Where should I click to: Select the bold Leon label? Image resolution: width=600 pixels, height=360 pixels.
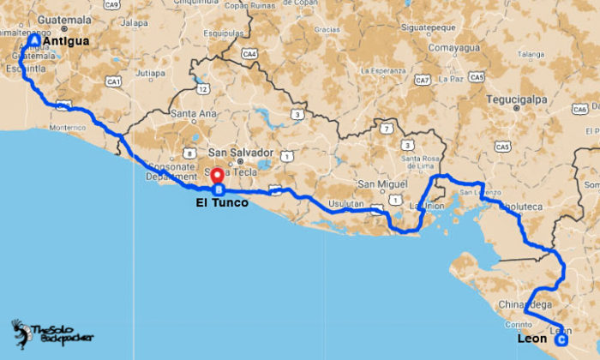pyautogui.click(x=532, y=339)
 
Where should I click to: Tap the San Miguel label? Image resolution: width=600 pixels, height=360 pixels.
pyautogui.click(x=378, y=184)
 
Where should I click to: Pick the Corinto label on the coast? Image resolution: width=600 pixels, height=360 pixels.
pyautogui.click(x=519, y=324)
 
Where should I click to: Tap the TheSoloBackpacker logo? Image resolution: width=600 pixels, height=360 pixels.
pyautogui.click(x=51, y=334)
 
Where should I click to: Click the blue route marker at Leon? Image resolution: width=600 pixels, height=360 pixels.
pyautogui.click(x=561, y=340)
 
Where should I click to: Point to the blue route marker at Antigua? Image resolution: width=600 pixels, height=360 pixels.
pyautogui.click(x=33, y=40)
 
